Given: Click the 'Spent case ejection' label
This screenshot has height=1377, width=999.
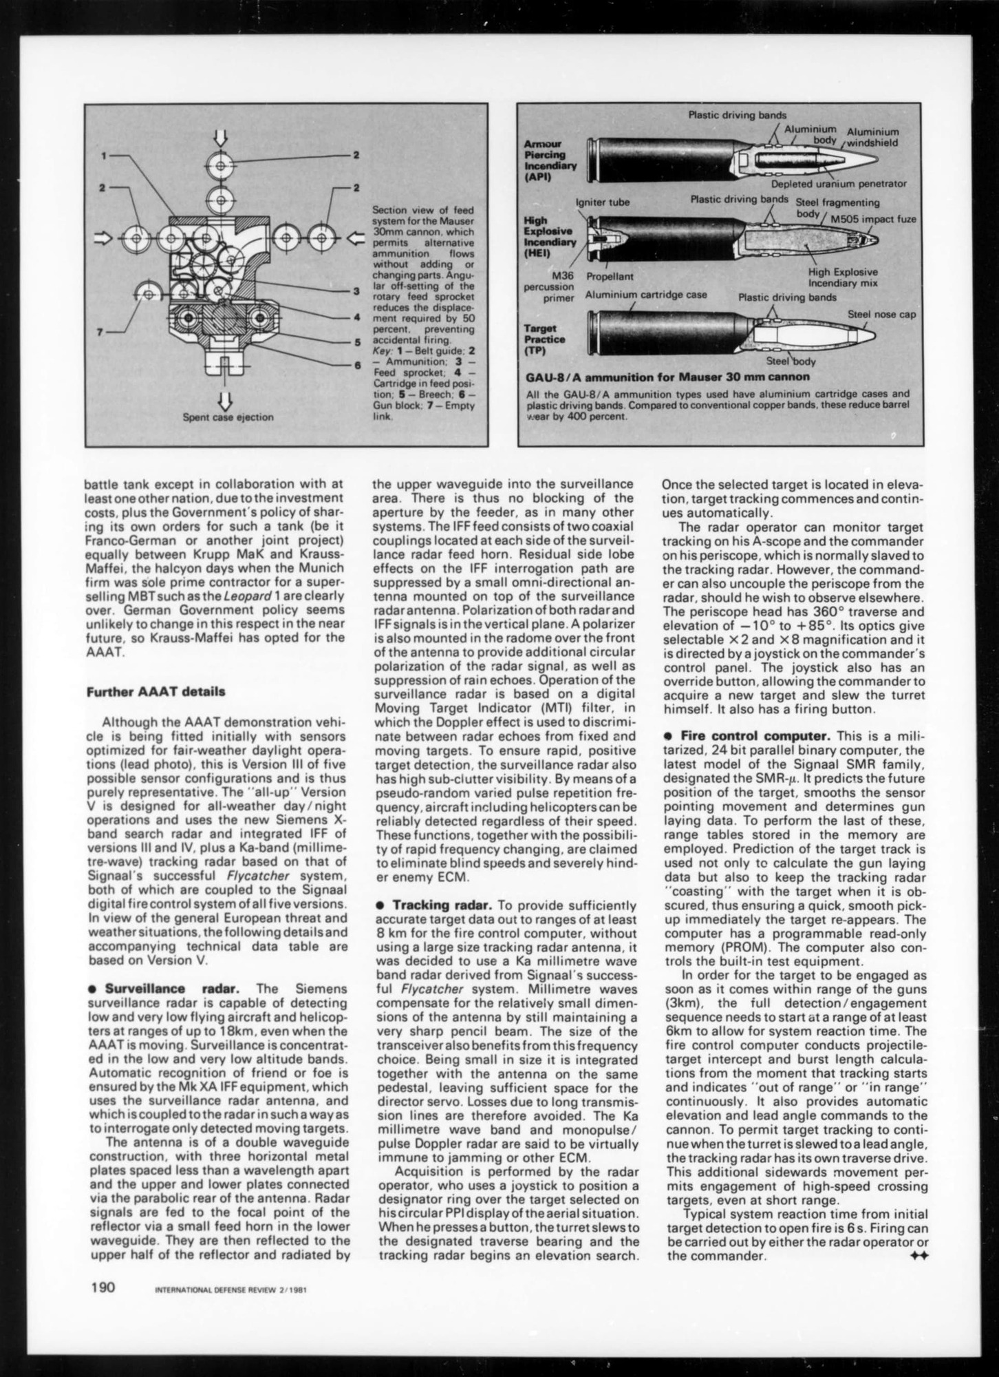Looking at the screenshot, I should point(228,417).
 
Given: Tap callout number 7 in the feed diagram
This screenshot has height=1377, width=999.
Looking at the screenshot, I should point(100,332).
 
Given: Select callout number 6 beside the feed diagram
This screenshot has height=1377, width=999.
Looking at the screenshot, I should point(357,365).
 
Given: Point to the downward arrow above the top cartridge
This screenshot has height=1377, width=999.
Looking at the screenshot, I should point(220,137).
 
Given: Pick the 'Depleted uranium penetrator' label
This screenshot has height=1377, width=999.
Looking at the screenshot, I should point(838,184).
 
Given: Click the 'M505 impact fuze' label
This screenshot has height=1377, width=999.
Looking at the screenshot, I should point(873,219).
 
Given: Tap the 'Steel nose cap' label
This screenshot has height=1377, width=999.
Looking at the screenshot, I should point(881,314).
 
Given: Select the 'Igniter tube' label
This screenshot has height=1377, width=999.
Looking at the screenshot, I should point(603,202).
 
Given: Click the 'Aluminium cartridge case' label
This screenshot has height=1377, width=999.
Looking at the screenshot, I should point(645,295).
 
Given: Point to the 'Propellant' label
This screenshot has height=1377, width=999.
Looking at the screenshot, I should point(610,277).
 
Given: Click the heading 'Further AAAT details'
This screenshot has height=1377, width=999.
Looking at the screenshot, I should point(155,691).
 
